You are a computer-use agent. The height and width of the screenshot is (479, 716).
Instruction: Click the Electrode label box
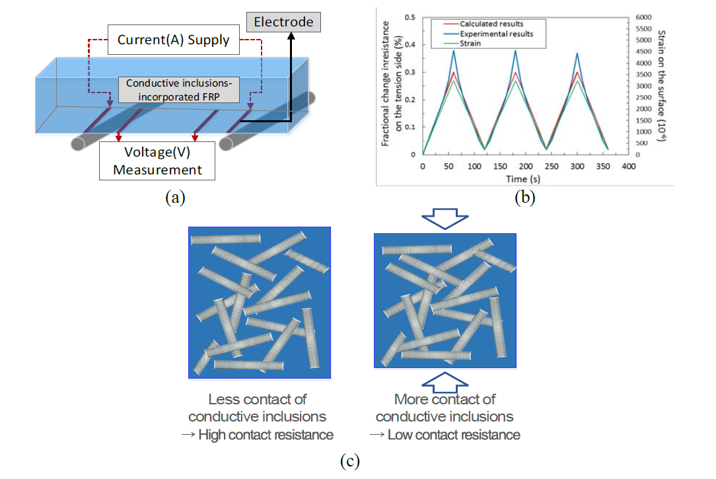pyautogui.click(x=283, y=22)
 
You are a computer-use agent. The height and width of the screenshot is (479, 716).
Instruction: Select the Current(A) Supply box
pyautogui.click(x=173, y=40)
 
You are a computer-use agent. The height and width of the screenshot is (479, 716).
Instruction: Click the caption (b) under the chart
pyautogui.click(x=524, y=197)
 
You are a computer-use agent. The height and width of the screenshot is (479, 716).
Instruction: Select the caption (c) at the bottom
pyautogui.click(x=349, y=461)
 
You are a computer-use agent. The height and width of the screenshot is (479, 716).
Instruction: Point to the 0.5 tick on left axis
pyautogui.click(x=410, y=17)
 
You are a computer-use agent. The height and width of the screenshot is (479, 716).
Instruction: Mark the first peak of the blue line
pyautogui.click(x=454, y=50)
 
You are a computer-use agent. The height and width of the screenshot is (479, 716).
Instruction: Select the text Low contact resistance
pyautogui.click(x=453, y=435)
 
